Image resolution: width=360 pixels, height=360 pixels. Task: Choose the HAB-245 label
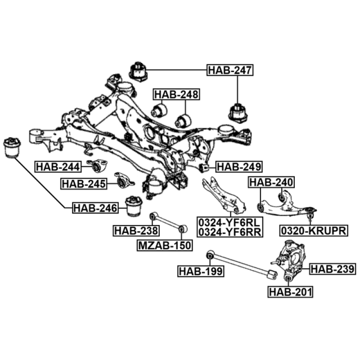84,184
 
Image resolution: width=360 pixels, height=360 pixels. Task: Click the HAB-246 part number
95,208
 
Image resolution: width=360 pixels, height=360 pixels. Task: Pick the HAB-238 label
136,231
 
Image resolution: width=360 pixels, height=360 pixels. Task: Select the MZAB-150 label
165,245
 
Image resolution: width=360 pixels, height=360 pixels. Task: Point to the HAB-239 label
333,270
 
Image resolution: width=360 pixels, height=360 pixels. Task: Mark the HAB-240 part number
271,182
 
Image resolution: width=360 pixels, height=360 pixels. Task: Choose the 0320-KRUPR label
314,231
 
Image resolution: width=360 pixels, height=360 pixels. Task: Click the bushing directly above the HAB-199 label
209,256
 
